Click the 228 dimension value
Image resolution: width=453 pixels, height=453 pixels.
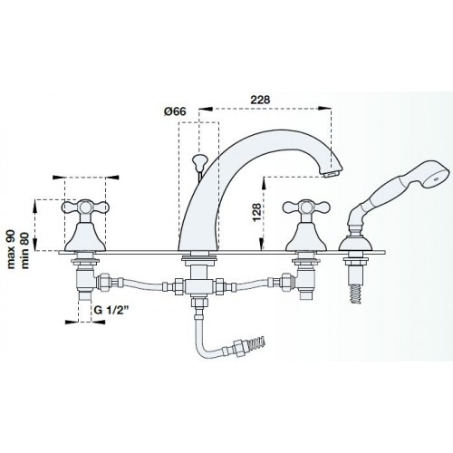pos(260,100)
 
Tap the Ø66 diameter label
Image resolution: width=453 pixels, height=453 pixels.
pos(175,111)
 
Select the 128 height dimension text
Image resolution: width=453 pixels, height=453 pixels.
pos(256,212)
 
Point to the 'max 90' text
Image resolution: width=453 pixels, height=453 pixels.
pos(11,249)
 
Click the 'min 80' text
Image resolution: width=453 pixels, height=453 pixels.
pos(24,250)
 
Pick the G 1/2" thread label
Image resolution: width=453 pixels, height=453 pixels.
pos(111,310)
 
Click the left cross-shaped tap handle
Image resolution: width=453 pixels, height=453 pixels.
pos(85,207)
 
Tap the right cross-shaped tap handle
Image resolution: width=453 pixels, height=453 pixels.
pos(306,207)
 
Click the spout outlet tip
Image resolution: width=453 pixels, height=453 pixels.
pos(332,174)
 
